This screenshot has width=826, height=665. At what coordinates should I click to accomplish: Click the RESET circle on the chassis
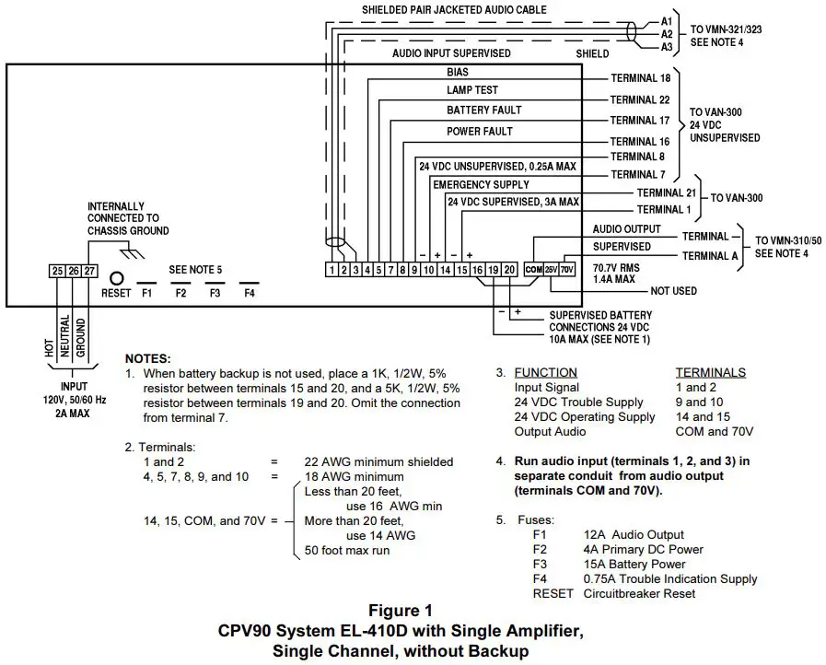117,276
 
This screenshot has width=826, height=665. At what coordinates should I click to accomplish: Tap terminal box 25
57,270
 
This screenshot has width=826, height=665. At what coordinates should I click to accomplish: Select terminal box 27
89,270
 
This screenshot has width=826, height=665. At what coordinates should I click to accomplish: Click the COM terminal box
533,269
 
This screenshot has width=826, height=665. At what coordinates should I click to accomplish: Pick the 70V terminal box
567,269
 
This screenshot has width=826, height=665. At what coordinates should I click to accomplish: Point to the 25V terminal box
551,269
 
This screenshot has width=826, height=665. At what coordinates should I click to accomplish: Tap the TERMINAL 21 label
666,192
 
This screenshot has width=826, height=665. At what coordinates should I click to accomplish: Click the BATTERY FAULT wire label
483,110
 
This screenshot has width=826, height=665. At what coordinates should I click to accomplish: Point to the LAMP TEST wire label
472,89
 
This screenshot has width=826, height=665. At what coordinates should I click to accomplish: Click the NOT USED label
673,290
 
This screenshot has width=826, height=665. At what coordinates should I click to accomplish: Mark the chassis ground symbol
134,251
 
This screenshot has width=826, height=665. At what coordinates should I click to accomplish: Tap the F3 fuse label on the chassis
215,292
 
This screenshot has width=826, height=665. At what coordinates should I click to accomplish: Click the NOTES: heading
148,357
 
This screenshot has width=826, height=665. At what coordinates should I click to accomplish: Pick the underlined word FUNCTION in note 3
545,372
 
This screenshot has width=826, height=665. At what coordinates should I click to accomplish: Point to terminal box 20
508,269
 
